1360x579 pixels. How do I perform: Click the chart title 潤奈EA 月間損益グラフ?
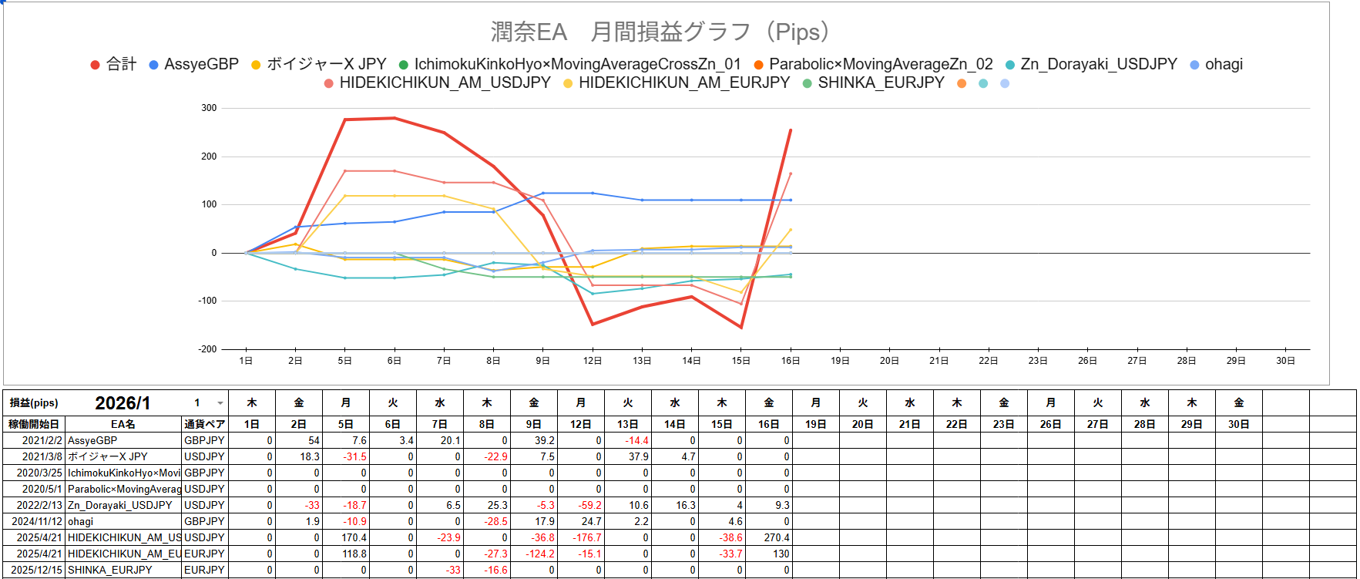(660, 32)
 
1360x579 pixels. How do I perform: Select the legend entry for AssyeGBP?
(201, 64)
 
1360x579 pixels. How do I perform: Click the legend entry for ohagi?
(1224, 64)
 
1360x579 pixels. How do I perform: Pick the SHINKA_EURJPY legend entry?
(881, 82)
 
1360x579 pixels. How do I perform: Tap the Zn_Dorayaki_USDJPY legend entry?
(1098, 64)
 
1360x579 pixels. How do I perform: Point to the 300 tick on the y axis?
(209, 108)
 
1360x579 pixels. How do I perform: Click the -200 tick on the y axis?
(207, 349)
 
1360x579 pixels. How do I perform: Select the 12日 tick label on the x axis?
(592, 361)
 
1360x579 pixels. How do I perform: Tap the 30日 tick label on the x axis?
(1285, 361)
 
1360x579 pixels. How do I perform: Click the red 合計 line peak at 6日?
(395, 118)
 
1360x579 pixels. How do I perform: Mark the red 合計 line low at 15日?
(741, 328)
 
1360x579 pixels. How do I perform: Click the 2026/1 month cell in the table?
(123, 403)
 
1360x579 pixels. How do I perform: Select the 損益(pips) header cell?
(34, 403)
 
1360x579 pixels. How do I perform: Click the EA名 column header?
(123, 424)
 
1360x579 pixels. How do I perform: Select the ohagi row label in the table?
(80, 521)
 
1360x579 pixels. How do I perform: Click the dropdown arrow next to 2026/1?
(220, 403)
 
